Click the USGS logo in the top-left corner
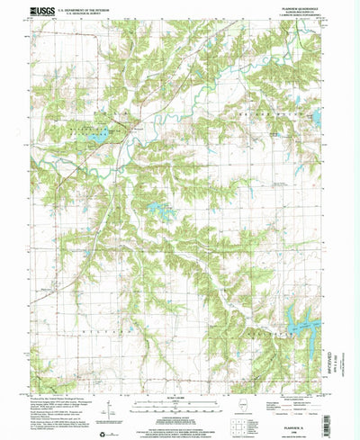coord(41,13)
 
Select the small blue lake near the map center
coord(163,212)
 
